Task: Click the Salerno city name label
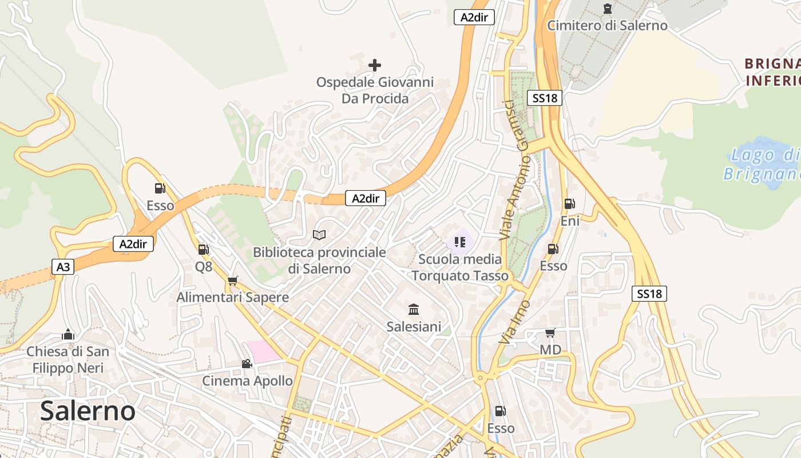[x=88, y=410]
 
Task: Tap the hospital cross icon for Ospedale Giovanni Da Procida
[x=375, y=65]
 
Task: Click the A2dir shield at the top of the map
[x=474, y=17]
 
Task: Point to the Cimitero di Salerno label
[x=607, y=25]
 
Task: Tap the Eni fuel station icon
[x=569, y=204]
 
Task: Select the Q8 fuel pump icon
[x=203, y=250]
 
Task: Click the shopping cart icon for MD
[x=550, y=333]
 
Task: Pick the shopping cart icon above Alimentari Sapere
[x=232, y=281]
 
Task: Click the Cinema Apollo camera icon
[x=247, y=364]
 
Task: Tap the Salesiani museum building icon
[x=414, y=310]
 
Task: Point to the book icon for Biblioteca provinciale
[x=319, y=235]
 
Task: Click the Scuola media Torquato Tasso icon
[x=460, y=242]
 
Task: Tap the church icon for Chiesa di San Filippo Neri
[x=68, y=334]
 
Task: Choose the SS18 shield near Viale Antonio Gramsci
[x=545, y=98]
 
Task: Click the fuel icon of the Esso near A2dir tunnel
[x=160, y=188]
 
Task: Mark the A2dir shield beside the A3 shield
[x=133, y=244]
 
